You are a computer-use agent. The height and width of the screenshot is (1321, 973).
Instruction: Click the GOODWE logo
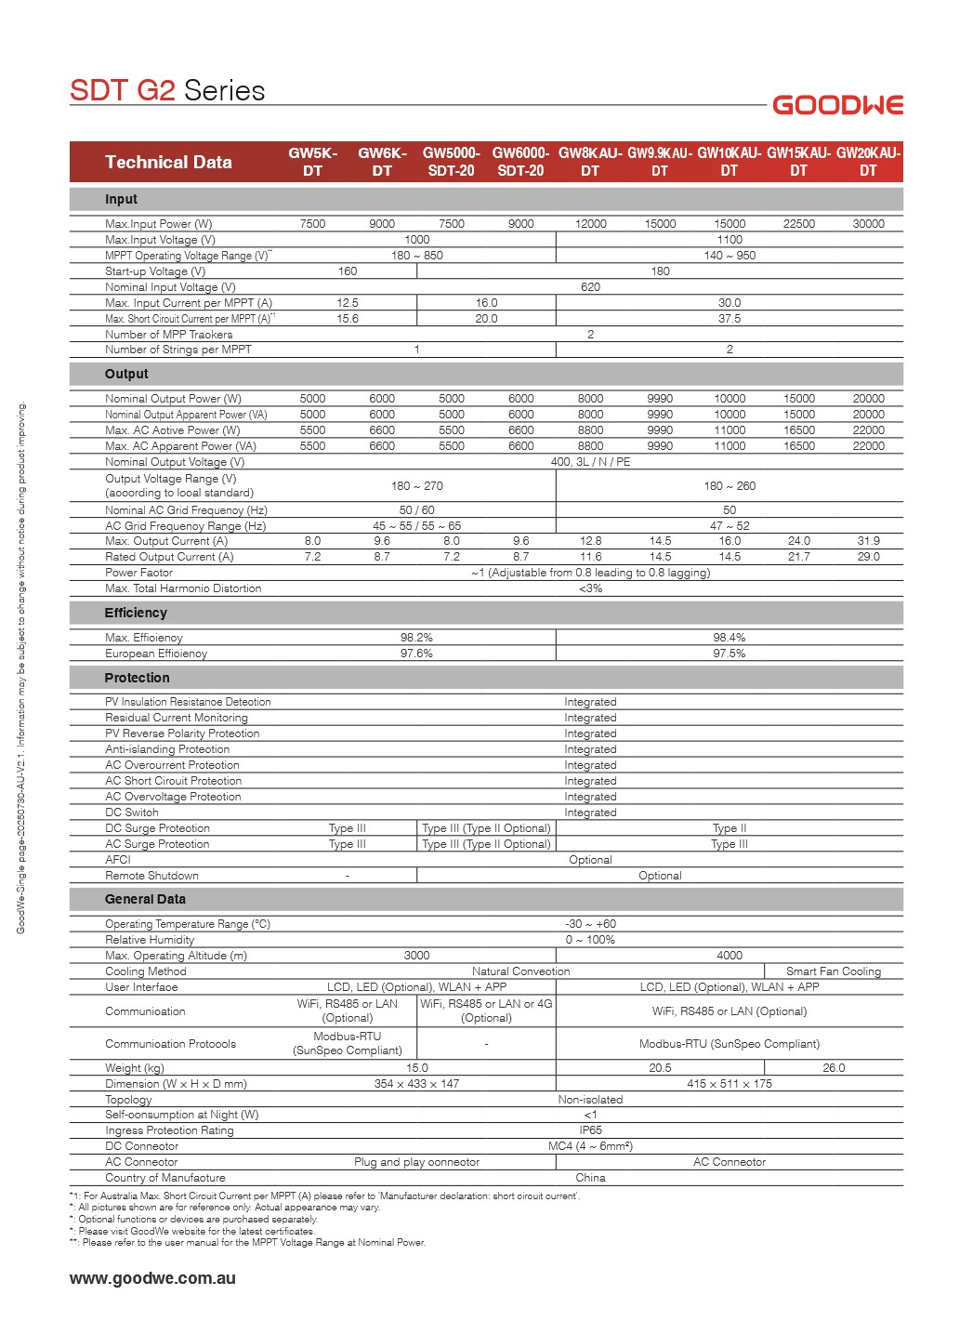click(837, 105)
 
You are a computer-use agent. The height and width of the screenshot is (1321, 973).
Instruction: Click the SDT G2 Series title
click(167, 90)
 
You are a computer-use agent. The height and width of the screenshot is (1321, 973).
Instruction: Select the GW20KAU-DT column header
click(868, 162)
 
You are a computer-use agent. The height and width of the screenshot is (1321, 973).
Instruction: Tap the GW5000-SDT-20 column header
click(451, 162)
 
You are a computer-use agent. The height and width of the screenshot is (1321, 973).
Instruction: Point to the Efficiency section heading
click(136, 613)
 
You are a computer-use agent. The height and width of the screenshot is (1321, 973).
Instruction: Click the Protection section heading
click(137, 678)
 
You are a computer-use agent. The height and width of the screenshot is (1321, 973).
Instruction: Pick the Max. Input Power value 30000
click(868, 224)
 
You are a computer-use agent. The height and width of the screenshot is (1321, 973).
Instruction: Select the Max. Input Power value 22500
click(798, 224)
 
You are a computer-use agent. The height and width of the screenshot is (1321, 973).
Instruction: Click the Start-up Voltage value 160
click(348, 271)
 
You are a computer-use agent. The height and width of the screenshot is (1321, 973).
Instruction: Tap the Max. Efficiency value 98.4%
click(730, 638)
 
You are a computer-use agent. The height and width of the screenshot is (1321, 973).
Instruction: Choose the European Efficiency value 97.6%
click(416, 654)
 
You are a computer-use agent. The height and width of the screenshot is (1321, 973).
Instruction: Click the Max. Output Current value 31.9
click(868, 541)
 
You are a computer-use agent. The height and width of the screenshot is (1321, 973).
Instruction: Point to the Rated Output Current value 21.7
click(798, 557)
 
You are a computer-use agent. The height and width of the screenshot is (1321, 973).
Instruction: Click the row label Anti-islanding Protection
click(167, 749)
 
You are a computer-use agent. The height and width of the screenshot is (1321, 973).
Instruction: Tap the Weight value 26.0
click(834, 1068)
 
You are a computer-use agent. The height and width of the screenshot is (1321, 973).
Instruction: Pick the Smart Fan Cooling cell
click(834, 971)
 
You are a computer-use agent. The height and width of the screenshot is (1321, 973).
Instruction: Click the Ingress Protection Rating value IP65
click(590, 1130)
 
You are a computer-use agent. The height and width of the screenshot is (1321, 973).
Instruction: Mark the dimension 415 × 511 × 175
click(730, 1084)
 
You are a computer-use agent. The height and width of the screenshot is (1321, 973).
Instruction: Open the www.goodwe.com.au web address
click(152, 1278)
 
